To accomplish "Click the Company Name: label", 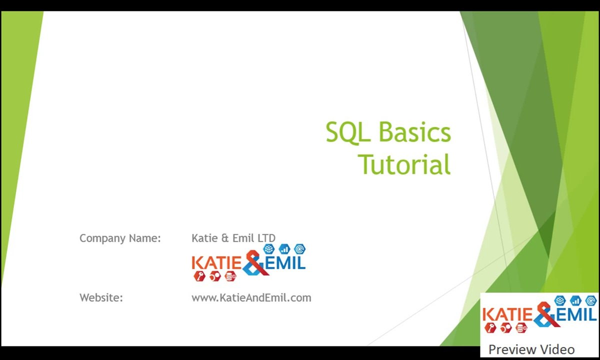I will coord(120,238).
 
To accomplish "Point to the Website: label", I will coord(101,297).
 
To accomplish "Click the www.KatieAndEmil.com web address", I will coord(251,297).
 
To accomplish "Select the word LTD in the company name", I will coord(266,238).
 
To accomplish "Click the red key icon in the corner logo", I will coord(490,328).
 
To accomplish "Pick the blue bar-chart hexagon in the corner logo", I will coord(575,300).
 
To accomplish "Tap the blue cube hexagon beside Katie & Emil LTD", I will coord(269,249).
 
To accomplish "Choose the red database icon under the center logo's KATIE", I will coord(230,276).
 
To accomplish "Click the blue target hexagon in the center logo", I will coord(299,249).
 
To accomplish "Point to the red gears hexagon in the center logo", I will coord(215,276).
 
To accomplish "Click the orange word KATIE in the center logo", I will coord(217,262).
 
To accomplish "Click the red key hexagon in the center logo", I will coord(199,276).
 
